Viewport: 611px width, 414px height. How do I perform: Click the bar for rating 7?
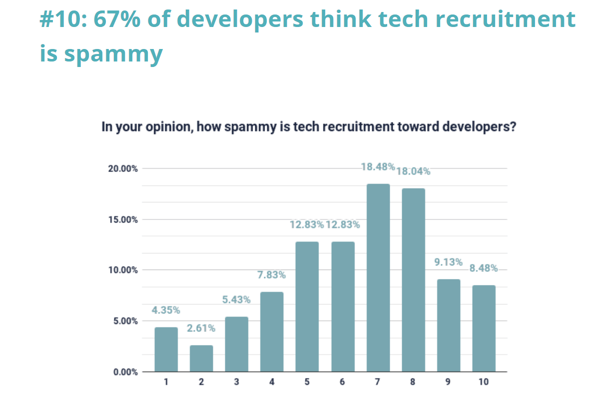(378, 278)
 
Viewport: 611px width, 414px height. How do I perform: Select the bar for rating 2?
(201, 358)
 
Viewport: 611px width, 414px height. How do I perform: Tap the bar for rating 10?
(484, 328)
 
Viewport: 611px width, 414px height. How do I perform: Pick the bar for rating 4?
(272, 332)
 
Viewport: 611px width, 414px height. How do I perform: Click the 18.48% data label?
(378, 167)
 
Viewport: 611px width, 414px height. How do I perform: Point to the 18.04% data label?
(413, 171)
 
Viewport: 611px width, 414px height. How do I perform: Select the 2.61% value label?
(201, 328)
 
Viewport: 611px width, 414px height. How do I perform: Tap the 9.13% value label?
(448, 262)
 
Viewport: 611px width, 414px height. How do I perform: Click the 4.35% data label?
(166, 310)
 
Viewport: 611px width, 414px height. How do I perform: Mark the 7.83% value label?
(272, 275)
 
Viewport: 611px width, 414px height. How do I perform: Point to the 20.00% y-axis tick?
(123, 168)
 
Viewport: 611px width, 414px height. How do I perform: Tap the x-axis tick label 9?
(448, 382)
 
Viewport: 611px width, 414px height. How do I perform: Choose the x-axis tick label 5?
(307, 382)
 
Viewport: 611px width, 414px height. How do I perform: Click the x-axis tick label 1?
(166, 382)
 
